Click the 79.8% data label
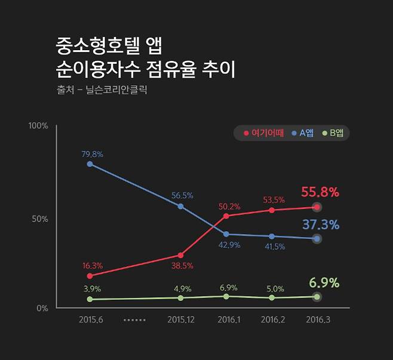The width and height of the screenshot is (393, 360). click(92, 154)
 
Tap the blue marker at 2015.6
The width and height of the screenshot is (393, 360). click(90, 164)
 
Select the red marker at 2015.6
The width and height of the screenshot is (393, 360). click(90, 276)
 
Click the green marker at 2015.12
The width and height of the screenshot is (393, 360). click(180, 297)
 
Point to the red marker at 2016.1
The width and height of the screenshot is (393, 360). click(226, 216)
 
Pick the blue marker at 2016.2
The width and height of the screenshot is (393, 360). click(272, 236)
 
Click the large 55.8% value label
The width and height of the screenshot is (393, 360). click(320, 192)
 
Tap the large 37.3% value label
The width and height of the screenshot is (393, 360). click(320, 224)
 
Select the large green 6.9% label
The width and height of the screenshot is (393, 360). click(324, 282)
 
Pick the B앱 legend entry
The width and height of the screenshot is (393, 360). click(333, 133)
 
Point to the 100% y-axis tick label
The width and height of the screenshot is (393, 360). click(38, 126)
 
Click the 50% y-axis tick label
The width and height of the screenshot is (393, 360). click(40, 219)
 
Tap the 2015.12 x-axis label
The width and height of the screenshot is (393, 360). click(180, 320)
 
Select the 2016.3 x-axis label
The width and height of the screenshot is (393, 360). click(317, 320)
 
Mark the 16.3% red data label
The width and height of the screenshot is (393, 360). click(92, 266)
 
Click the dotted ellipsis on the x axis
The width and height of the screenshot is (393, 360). click(135, 320)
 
